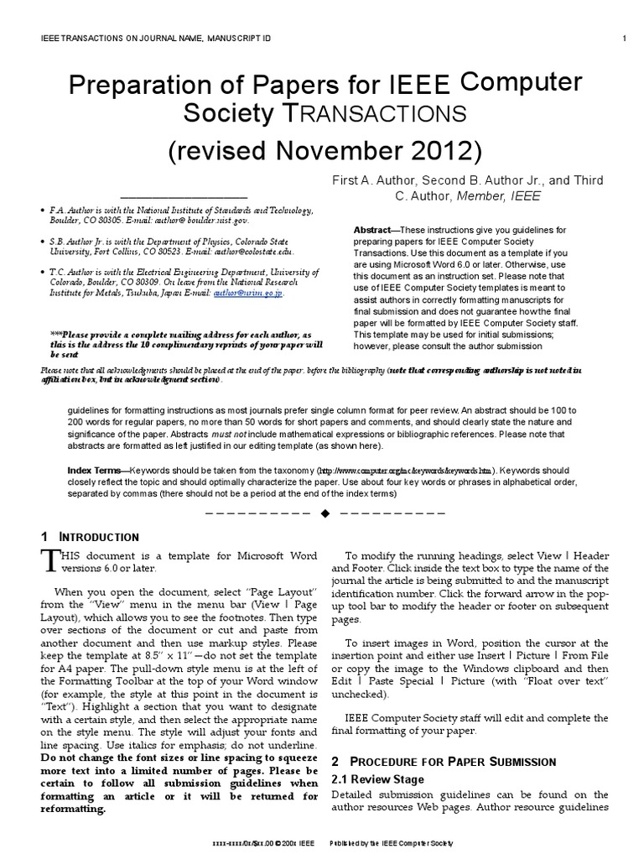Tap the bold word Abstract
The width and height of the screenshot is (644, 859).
coord(371,230)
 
